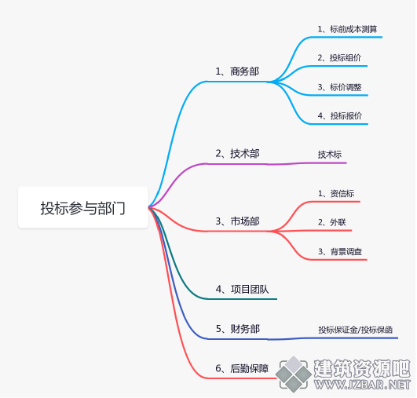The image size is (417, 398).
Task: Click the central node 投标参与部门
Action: [82, 208]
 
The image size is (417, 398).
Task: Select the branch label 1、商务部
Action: [237, 71]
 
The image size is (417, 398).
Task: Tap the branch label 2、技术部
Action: [237, 154]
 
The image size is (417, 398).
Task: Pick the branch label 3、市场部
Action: [237, 221]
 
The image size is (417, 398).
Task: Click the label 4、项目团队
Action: [242, 289]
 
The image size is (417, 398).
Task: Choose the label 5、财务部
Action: [238, 329]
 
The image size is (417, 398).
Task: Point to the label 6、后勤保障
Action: [242, 368]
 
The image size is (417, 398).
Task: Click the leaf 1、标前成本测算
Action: [347, 29]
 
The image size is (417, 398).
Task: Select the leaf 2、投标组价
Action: [339, 57]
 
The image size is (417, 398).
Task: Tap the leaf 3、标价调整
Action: [339, 87]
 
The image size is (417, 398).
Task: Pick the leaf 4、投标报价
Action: [340, 115]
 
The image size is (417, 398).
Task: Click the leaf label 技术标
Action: [330, 155]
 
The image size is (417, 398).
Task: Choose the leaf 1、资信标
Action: [336, 194]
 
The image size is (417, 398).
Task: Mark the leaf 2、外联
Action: [332, 222]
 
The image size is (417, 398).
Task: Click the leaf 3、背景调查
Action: [340, 251]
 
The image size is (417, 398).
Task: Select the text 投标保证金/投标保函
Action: [356, 330]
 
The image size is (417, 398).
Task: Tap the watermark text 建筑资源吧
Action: [362, 368]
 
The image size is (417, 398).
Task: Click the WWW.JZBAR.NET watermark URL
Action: [362, 385]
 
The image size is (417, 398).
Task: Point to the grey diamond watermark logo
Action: [294, 374]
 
